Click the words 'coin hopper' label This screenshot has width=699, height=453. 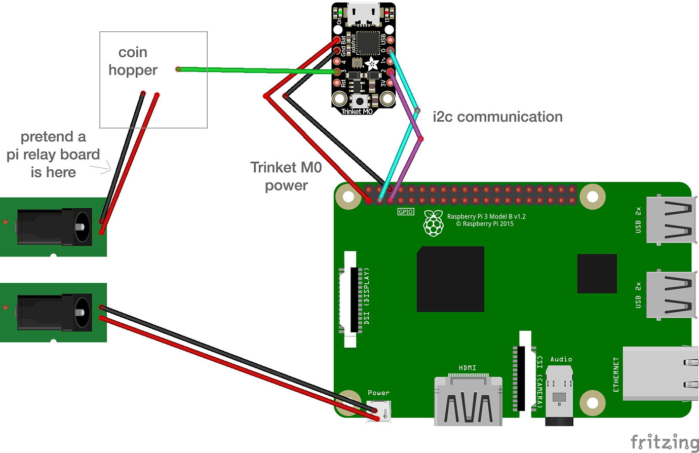tap(133, 61)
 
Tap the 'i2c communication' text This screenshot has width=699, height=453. tap(497, 117)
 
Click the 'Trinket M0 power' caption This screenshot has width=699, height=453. tap(286, 176)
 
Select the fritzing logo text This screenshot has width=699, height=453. tap(664, 441)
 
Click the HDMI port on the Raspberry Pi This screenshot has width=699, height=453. tap(468, 400)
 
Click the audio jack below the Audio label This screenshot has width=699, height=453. tap(559, 395)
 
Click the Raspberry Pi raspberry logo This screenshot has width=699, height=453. tap(433, 223)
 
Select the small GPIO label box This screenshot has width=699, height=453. tap(406, 212)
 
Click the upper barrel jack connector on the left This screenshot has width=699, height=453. tap(54, 226)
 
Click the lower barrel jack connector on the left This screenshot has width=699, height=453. tap(54, 312)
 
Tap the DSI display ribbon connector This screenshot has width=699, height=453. tap(351, 299)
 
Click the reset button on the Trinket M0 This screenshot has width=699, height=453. tap(359, 100)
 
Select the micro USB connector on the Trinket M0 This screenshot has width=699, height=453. tap(363, 14)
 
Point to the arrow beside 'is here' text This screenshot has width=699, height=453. tap(103, 169)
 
